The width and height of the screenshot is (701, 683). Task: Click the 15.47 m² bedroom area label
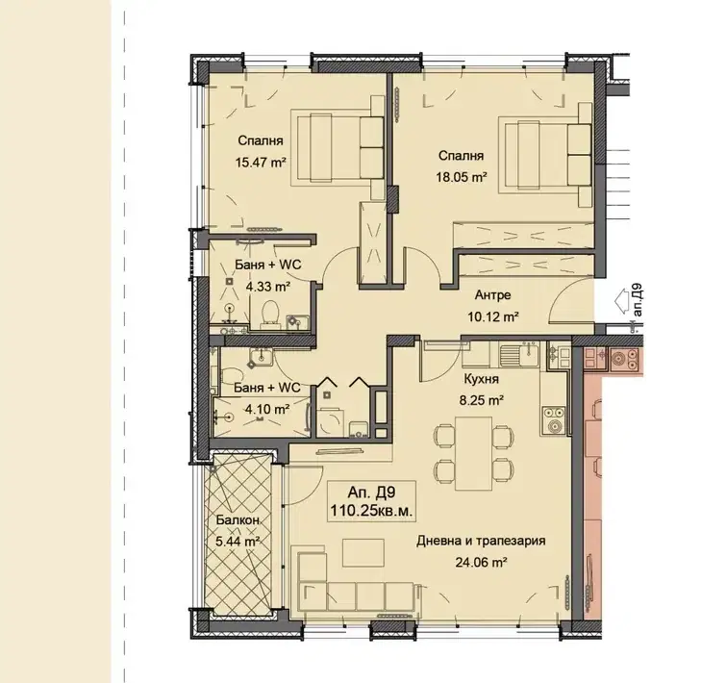[x=261, y=162]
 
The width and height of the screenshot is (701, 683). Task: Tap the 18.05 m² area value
[x=462, y=177]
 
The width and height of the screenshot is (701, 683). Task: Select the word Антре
[x=492, y=295]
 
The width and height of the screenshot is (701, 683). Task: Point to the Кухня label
[x=482, y=379]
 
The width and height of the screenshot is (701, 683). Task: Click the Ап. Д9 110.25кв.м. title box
[x=371, y=502]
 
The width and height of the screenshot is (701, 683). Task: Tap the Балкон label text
[x=238, y=520]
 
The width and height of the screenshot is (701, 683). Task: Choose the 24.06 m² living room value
[x=481, y=562]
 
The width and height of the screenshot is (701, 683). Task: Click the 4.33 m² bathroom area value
[x=267, y=286]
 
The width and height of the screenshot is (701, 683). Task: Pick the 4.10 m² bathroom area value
[x=267, y=409]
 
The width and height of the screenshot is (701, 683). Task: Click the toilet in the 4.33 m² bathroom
[x=270, y=314]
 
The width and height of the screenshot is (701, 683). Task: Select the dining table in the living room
[x=473, y=453]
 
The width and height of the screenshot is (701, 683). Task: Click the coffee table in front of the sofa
[x=363, y=553]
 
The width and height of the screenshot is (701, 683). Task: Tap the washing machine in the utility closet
[x=331, y=422]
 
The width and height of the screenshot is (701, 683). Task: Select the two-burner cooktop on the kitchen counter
[x=554, y=421]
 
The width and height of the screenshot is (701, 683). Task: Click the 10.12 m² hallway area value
[x=493, y=316]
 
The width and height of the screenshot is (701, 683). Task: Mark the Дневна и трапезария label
[x=481, y=541]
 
